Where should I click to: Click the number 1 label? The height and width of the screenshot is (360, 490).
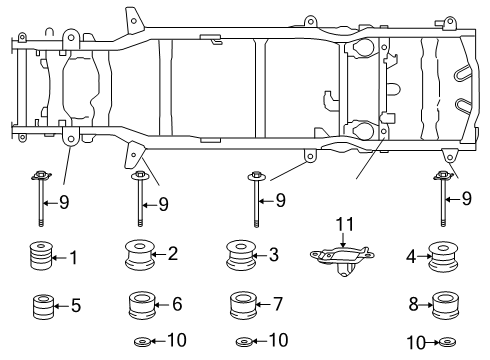pos(73,257)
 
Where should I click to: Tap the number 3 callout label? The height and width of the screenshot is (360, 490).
pos(273,254)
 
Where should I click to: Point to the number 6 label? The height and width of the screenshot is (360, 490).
pos(177,302)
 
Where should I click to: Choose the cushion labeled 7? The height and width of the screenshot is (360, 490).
pos(279,302)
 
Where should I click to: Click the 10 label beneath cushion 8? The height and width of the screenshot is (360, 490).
pos(416,343)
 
